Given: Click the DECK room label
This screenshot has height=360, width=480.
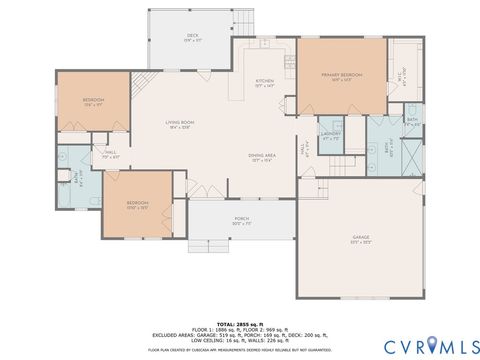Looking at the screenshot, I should [x=192, y=37].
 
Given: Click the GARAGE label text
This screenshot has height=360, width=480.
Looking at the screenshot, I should [x=360, y=238].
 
